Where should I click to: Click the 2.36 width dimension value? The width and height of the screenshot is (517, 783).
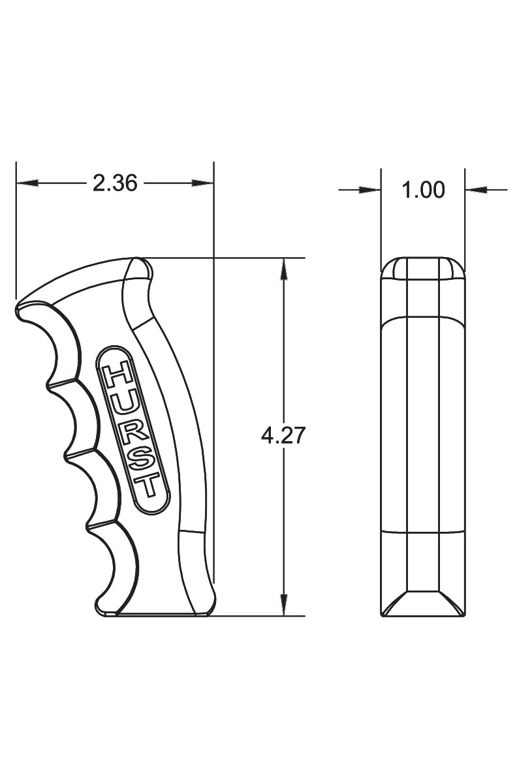115,184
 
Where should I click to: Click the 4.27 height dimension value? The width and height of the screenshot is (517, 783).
283,436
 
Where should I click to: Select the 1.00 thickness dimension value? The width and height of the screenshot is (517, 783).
423,190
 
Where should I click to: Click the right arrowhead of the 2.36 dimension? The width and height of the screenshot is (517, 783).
203,183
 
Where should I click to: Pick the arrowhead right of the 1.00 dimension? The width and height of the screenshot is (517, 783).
475,190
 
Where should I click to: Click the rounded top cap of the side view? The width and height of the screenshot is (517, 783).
422,268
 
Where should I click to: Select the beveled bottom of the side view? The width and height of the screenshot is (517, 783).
422,604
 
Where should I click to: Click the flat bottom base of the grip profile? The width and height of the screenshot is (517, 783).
157,614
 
